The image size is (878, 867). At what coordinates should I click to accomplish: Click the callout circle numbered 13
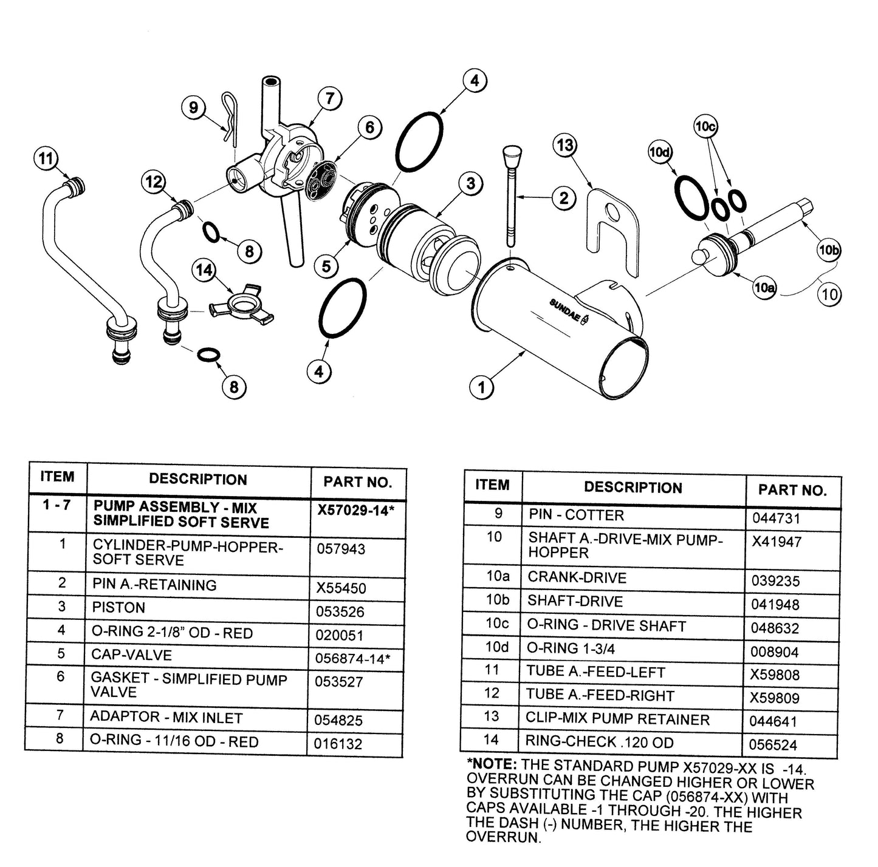click(566, 146)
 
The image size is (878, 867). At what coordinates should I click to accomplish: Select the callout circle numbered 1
click(482, 387)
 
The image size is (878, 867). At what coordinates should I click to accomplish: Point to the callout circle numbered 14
click(204, 271)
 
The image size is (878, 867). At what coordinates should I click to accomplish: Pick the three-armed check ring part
click(241, 305)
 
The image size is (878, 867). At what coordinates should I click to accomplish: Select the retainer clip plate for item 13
click(613, 233)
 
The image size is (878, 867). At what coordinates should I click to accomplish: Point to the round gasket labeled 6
click(320, 182)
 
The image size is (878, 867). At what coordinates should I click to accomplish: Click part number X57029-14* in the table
click(355, 511)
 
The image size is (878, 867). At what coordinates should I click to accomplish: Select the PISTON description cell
click(118, 607)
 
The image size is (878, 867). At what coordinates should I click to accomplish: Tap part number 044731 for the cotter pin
click(775, 518)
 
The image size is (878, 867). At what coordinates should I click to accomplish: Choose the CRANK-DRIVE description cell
click(577, 577)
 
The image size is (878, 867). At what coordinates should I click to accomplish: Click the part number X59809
click(775, 698)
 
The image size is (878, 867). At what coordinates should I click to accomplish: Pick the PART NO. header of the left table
click(358, 482)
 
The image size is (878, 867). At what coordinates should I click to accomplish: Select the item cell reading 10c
click(497, 623)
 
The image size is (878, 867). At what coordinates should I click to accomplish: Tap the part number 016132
click(338, 744)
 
